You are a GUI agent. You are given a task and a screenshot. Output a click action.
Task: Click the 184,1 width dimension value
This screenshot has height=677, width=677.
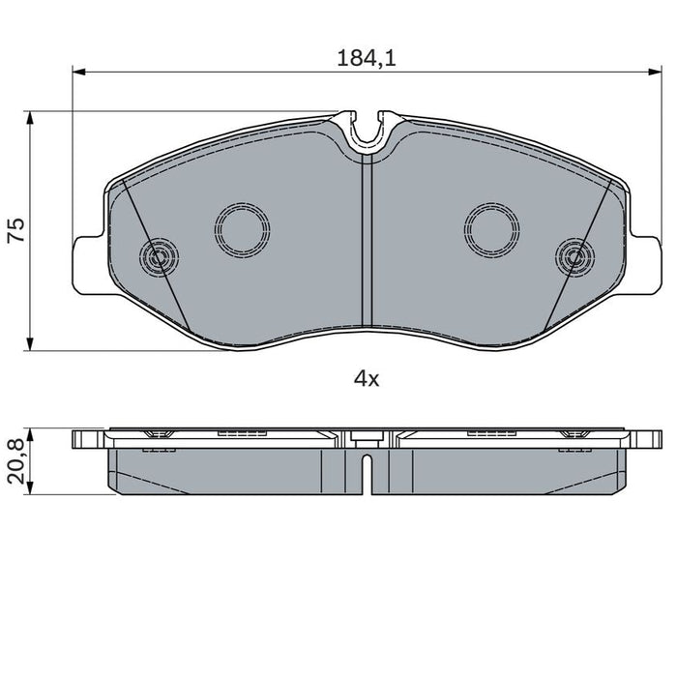pyautogui.click(x=368, y=58)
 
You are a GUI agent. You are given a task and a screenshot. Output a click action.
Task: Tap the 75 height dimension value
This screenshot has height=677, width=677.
pyautogui.click(x=16, y=229)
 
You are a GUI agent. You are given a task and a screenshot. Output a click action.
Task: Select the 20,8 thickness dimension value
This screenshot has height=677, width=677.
pyautogui.click(x=16, y=463)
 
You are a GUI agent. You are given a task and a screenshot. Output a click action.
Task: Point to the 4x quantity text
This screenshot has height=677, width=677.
pyautogui.click(x=366, y=379)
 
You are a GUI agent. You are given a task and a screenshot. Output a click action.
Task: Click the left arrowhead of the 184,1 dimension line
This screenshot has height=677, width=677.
pyautogui.click(x=80, y=72)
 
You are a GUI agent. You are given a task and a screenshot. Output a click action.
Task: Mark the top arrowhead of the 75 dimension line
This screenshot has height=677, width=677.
pyautogui.click(x=32, y=117)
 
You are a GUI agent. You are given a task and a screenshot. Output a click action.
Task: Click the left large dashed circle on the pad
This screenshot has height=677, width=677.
pyautogui.click(x=242, y=229)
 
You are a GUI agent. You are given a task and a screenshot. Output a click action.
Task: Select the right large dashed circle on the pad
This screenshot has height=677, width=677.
pyautogui.click(x=492, y=229)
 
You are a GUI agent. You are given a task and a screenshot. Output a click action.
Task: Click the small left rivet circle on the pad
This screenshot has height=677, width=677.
pyautogui.click(x=159, y=257)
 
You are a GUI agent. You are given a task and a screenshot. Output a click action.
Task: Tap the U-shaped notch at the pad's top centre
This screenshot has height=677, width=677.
pyautogui.click(x=367, y=131)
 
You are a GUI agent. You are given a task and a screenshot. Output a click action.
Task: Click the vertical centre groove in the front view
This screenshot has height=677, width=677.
pyautogui.click(x=366, y=242)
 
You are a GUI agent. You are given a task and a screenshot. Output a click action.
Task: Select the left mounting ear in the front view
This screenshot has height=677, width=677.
pyautogui.click(x=87, y=264)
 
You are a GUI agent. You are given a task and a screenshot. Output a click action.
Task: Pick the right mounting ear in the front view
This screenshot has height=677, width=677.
pyautogui.click(x=643, y=264)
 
